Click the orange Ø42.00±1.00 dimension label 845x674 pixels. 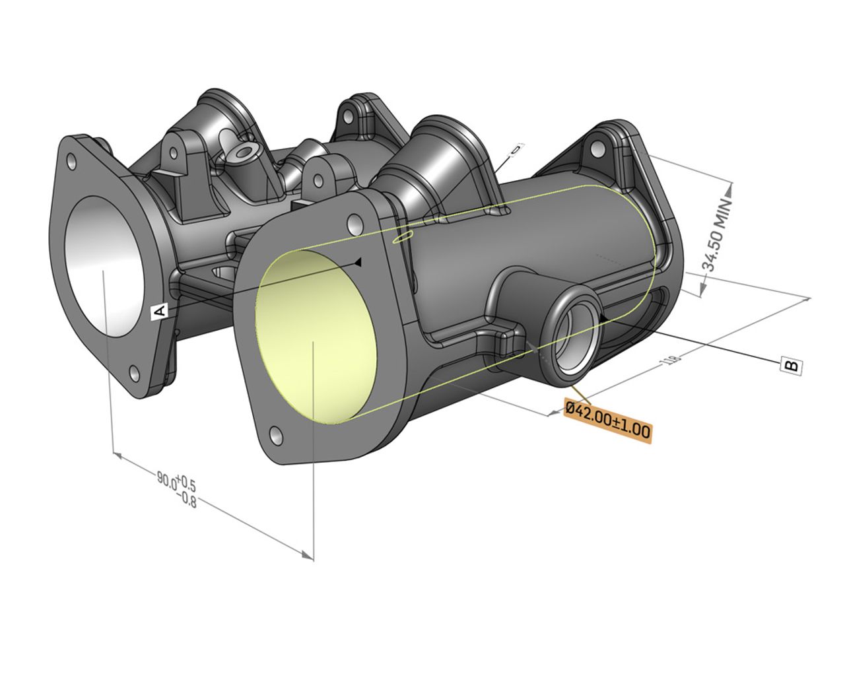(607, 420)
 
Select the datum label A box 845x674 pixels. (160, 312)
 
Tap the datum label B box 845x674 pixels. (791, 364)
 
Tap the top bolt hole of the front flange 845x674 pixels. (355, 224)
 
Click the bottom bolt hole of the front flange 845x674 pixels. (276, 434)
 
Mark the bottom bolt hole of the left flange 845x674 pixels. (135, 374)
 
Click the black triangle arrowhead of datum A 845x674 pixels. (357, 262)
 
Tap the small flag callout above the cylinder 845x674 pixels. (516, 149)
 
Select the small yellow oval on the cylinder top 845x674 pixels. (402, 237)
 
